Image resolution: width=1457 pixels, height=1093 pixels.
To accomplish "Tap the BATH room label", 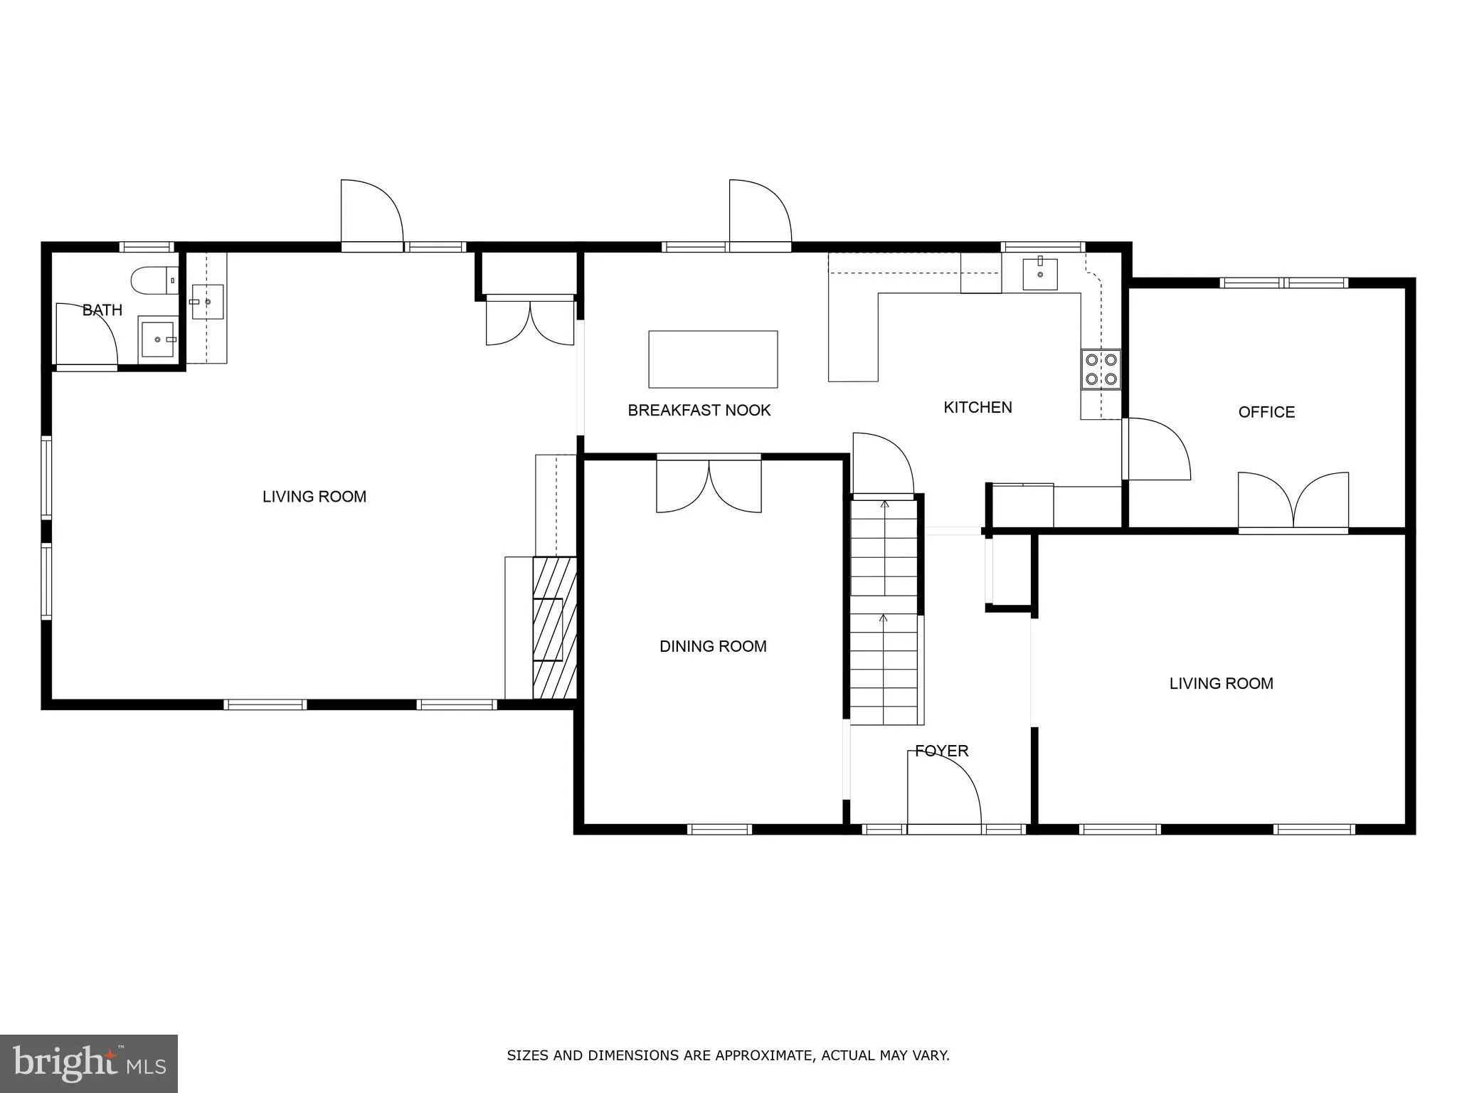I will (102, 310).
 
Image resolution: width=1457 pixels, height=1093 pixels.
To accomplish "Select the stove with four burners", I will (1101, 369).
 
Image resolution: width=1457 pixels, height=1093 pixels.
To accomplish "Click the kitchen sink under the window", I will (1039, 275).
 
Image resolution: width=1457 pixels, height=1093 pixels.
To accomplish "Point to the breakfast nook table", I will (712, 359).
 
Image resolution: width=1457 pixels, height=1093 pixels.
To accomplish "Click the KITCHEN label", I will (977, 407).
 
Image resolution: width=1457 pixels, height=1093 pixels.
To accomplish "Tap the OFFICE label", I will (1266, 412).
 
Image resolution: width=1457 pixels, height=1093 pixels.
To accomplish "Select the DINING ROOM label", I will (712, 646).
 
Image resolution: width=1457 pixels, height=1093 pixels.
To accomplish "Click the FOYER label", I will (941, 751).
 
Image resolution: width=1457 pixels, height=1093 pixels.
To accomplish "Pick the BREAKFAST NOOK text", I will (699, 410).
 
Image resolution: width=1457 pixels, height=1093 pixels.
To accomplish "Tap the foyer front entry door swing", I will (943, 790).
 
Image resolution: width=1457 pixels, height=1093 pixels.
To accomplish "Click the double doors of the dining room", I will (709, 487).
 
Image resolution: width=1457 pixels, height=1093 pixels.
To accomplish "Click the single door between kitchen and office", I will (1155, 449).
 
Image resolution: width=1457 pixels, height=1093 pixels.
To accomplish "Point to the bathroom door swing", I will (86, 334).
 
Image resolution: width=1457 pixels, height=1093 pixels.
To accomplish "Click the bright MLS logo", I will (88, 1063).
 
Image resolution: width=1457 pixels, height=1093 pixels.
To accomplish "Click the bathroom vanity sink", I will (157, 339).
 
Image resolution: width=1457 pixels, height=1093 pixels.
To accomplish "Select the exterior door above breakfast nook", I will (759, 213).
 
